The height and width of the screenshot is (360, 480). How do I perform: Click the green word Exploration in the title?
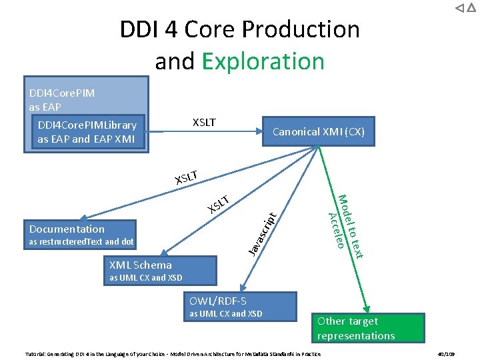tap(263, 61)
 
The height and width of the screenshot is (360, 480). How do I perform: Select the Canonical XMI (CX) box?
tap(319, 131)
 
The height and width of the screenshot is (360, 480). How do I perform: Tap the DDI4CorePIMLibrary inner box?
tap(87, 132)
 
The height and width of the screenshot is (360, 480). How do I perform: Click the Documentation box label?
tap(67, 229)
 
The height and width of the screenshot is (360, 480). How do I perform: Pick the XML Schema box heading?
tap(141, 265)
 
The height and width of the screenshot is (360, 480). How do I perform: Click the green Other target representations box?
tap(369, 328)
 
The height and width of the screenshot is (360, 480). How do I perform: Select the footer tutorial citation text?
tap(173, 353)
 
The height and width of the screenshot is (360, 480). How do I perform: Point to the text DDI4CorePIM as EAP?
tap(62, 99)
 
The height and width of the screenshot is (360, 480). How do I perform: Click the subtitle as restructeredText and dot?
tap(81, 242)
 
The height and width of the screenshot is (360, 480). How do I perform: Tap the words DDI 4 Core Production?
tap(239, 29)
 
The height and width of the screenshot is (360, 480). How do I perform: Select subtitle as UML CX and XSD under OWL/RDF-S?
tap(226, 314)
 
